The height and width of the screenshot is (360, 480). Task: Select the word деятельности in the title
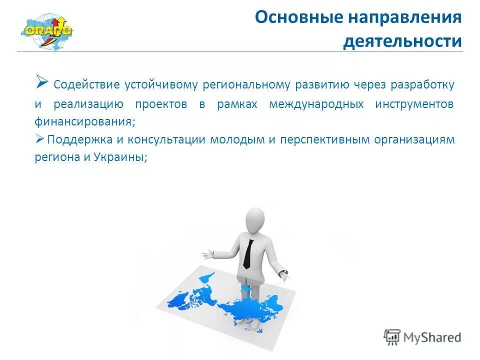402,41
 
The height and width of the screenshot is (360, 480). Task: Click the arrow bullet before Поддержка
40,139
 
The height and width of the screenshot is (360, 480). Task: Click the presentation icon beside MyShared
392,337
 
